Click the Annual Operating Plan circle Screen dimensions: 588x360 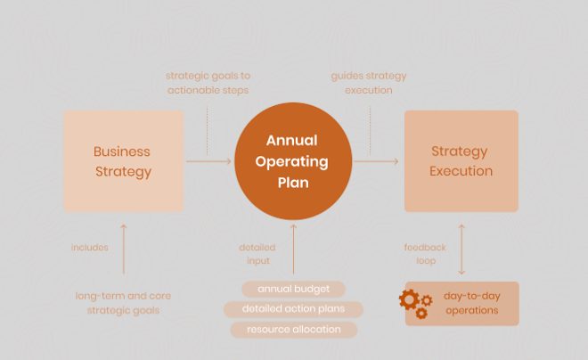coord(293,161)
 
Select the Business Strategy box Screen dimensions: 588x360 coord(124,161)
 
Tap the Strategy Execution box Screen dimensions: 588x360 coord(461,161)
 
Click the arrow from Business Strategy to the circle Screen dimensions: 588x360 coord(208,161)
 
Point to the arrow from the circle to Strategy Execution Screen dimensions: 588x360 coord(376,161)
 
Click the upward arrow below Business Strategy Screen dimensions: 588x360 coord(123,250)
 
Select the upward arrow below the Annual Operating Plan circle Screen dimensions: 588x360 coord(294,250)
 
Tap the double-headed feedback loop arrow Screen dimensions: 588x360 coord(461,250)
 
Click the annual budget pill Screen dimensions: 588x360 coord(293,289)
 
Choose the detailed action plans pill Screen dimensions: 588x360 coord(293,309)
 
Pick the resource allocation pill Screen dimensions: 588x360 coord(294,330)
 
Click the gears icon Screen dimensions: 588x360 coord(415,304)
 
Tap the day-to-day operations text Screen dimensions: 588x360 coord(472,303)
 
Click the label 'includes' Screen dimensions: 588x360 coord(90,248)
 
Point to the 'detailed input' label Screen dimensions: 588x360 coord(257,254)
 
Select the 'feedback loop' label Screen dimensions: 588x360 coord(425,254)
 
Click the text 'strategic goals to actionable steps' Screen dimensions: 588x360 coord(208,83)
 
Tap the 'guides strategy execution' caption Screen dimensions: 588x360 coord(369,83)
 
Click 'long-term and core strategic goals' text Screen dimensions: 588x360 coord(123,303)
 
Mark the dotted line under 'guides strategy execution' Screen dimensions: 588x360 coord(370,131)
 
